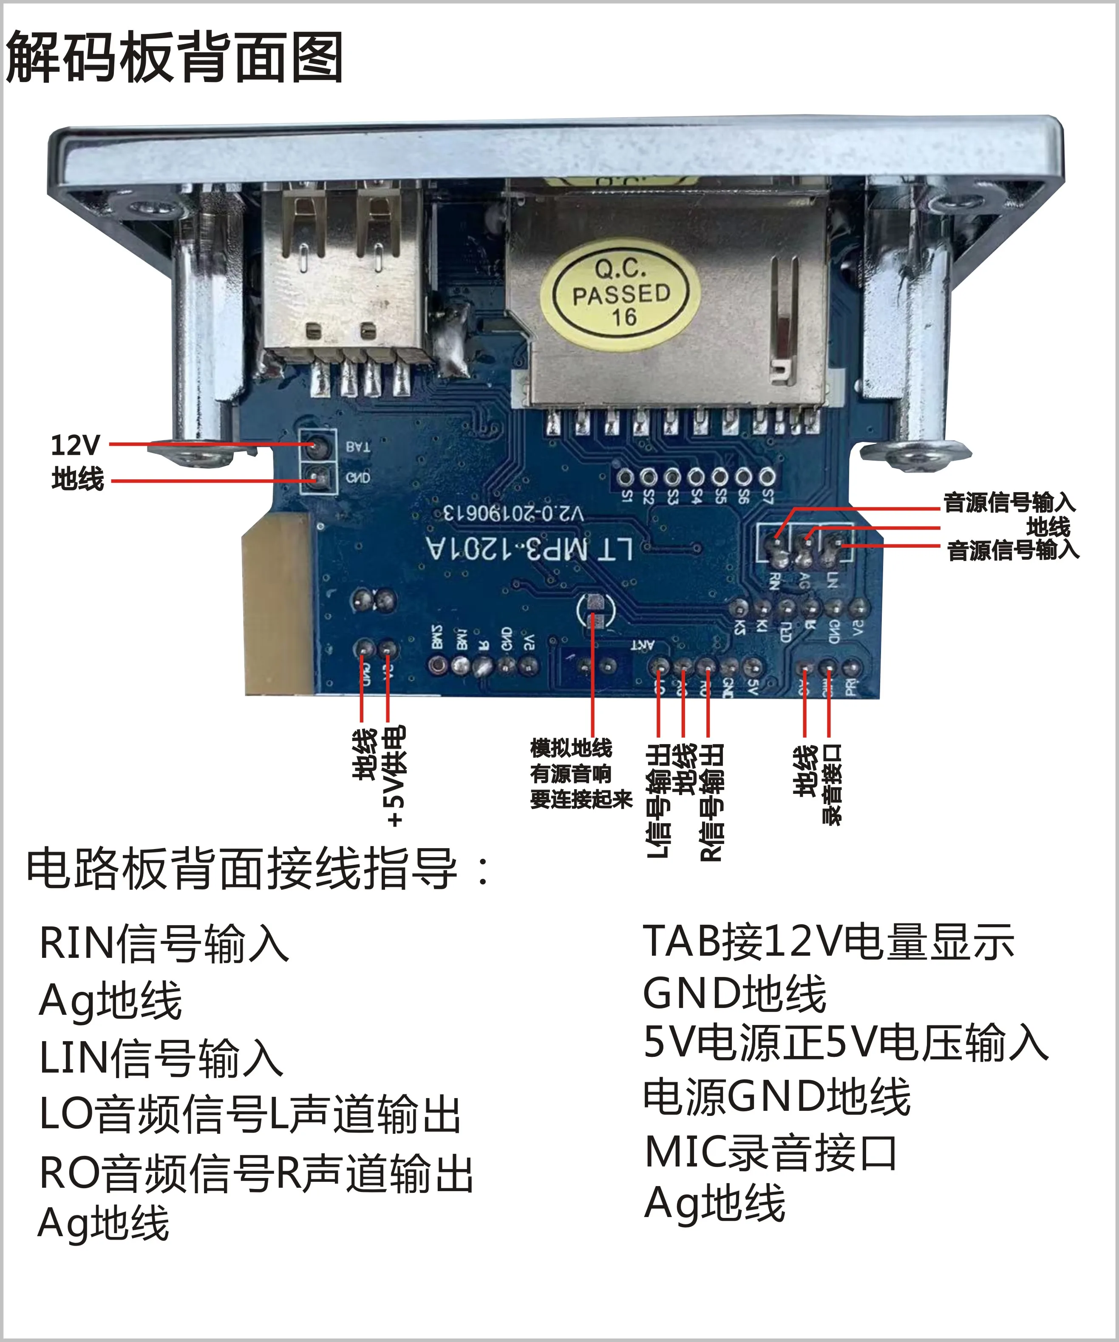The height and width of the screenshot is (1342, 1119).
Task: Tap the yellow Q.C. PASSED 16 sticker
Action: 620,293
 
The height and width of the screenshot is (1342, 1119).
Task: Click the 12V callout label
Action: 75,445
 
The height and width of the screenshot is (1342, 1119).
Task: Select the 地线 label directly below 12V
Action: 77,478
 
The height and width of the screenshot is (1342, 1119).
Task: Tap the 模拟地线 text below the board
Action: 571,747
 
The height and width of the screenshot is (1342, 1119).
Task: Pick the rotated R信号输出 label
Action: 711,802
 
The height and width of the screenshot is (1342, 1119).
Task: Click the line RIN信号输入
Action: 164,943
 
